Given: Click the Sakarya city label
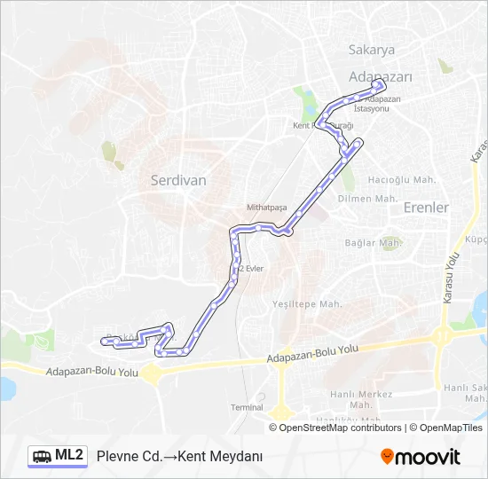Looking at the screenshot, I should (x=372, y=50).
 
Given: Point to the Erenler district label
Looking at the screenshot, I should (x=426, y=207).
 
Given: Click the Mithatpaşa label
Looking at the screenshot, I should (x=267, y=207).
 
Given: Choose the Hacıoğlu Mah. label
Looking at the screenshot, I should (x=402, y=179).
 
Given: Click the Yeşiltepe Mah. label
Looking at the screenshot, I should (x=307, y=303).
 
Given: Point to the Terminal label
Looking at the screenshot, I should (x=247, y=407).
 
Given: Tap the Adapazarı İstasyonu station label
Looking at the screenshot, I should (x=378, y=104).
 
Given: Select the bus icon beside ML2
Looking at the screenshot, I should (x=43, y=457).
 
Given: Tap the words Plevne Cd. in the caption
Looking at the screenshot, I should (x=130, y=457).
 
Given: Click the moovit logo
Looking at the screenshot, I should (x=421, y=457).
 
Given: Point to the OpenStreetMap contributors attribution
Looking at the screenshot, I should (x=340, y=428).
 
